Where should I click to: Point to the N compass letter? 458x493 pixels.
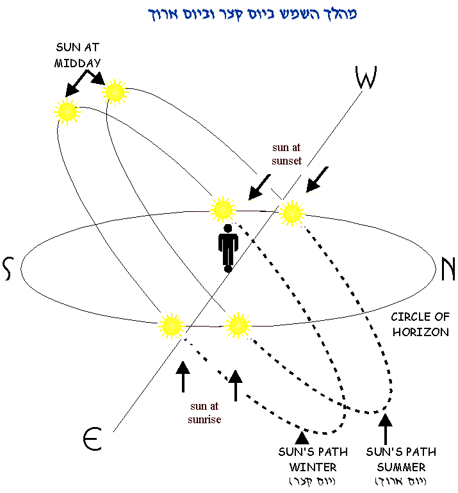point(448,269)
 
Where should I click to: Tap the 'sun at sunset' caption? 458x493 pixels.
point(286,155)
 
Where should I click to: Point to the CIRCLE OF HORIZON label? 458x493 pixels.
point(420,325)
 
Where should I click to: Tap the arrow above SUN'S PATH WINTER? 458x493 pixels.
point(301,437)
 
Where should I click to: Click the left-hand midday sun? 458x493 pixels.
point(67,112)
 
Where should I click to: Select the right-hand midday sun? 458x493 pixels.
point(115,92)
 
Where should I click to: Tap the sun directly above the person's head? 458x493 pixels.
point(222,209)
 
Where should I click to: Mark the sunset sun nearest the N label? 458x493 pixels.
point(291,213)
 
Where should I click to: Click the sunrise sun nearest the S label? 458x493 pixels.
point(171,326)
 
